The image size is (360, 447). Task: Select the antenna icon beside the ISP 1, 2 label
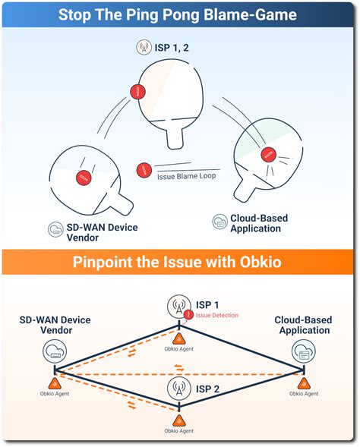143,47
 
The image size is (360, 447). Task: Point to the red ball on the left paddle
83,178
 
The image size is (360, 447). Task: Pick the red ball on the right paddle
267,154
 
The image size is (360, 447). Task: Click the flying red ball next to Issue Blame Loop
142,170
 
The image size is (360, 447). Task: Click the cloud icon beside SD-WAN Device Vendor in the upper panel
55,229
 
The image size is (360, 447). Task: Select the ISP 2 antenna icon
178,390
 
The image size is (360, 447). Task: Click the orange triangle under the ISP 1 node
179,338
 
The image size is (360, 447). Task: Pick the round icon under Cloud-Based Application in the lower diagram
303,351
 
